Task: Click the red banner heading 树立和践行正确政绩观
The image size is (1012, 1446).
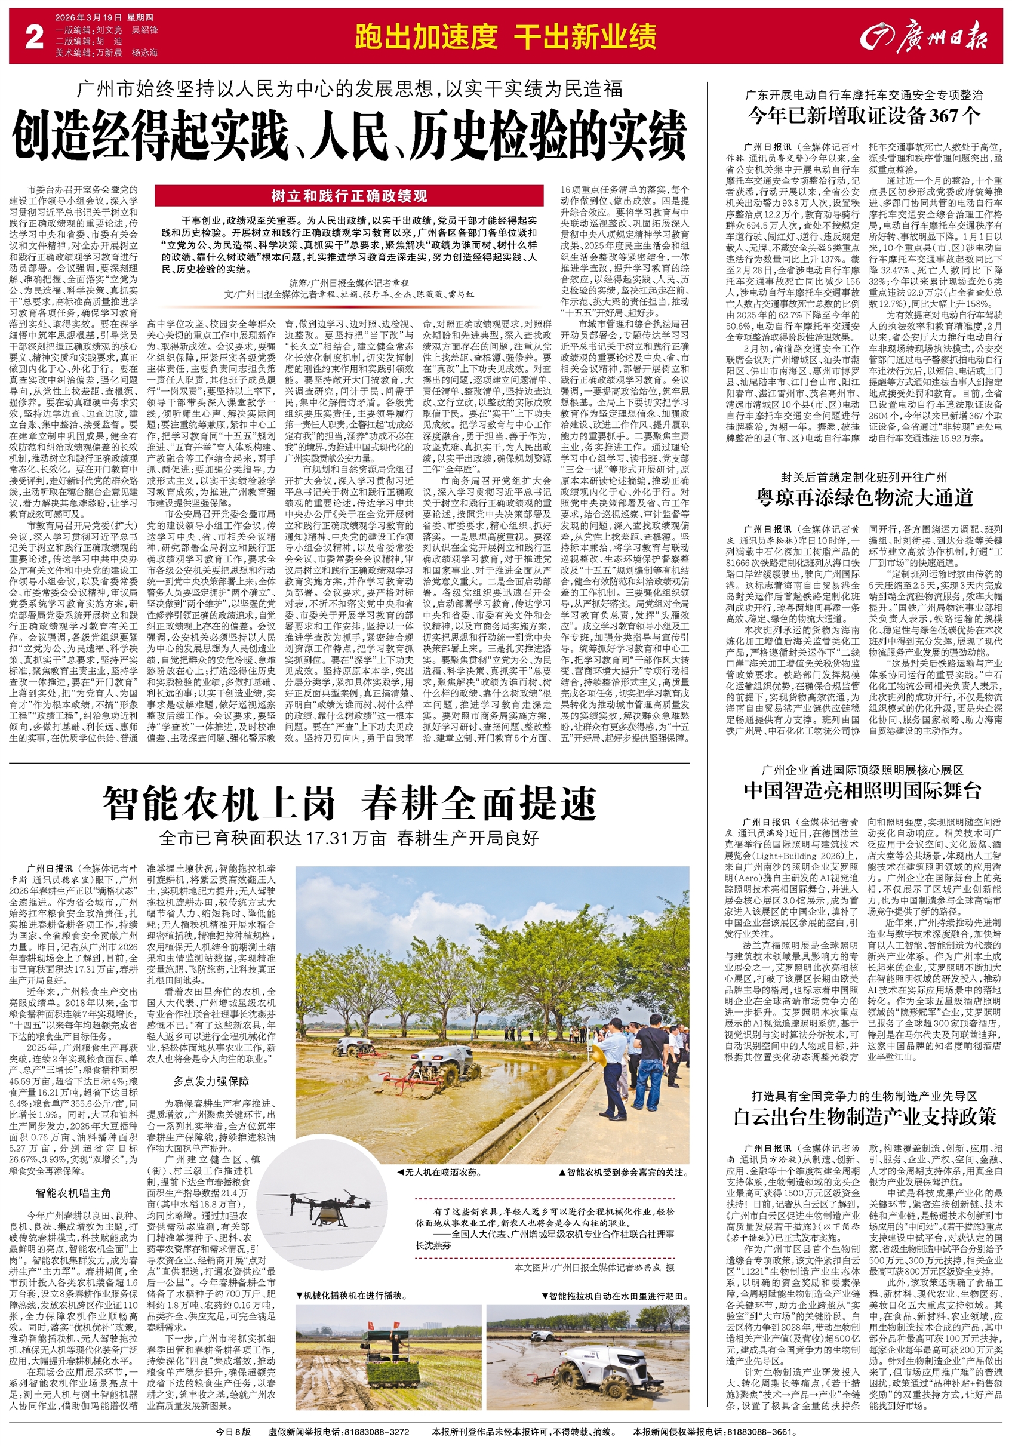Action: [x=349, y=196]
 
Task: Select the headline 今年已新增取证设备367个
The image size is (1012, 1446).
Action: [x=864, y=116]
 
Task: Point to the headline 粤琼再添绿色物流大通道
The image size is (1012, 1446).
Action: [x=864, y=497]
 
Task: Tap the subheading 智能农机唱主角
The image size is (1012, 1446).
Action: [x=73, y=1193]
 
